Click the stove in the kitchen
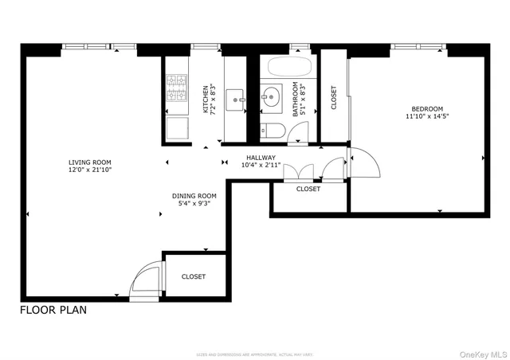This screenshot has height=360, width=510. click(175, 85)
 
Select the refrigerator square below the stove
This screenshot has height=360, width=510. click(176, 129)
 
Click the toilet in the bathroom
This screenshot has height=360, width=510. click(270, 131)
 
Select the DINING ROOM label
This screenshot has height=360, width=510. click(194, 195)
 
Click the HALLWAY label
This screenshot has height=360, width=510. click(261, 158)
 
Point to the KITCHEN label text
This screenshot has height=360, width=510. click(206, 100)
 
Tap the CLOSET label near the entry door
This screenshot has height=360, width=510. click(193, 276)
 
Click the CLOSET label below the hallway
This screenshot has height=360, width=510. click(308, 189)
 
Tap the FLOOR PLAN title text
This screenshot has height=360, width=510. click(53, 310)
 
